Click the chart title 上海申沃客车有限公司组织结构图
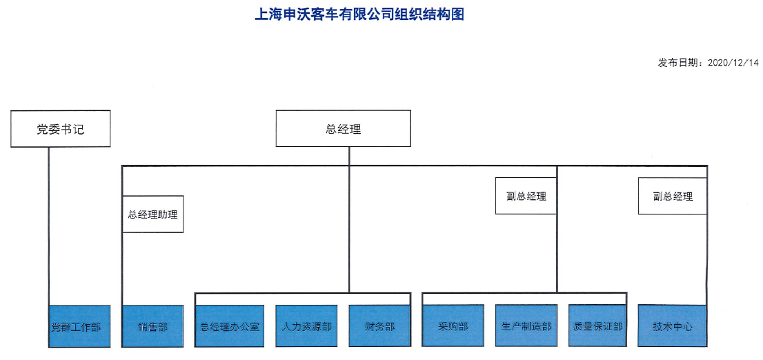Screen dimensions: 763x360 pyautogui.click(x=359, y=14)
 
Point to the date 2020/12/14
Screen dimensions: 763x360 pyautogui.click(x=733, y=63)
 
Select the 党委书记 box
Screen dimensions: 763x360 pyautogui.click(x=60, y=129)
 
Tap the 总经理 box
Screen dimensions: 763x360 pyautogui.click(x=343, y=128)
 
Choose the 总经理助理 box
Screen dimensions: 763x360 pyautogui.click(x=152, y=214)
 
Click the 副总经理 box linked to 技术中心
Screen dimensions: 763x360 pyautogui.click(x=673, y=196)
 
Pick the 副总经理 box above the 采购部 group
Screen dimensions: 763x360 pyautogui.click(x=526, y=196)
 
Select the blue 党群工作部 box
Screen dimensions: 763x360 pyautogui.click(x=79, y=326)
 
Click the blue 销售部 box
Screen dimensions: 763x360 pyautogui.click(x=152, y=326)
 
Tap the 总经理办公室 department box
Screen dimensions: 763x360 pyautogui.click(x=230, y=326)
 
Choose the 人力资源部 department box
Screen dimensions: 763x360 pyautogui.click(x=306, y=326)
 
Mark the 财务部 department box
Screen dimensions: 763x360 pyautogui.click(x=380, y=326)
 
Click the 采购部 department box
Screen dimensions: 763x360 pyautogui.click(x=453, y=326)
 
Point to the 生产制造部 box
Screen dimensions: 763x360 pyautogui.click(x=526, y=326)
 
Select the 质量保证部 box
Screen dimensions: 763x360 pyautogui.click(x=597, y=326)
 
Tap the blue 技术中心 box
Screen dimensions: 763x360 pyautogui.click(x=673, y=326)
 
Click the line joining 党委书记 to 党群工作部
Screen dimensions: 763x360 pyautogui.click(x=49, y=226)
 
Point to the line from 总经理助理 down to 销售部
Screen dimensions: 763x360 pyautogui.click(x=122, y=269)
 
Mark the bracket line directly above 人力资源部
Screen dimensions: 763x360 pyautogui.click(x=303, y=293)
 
